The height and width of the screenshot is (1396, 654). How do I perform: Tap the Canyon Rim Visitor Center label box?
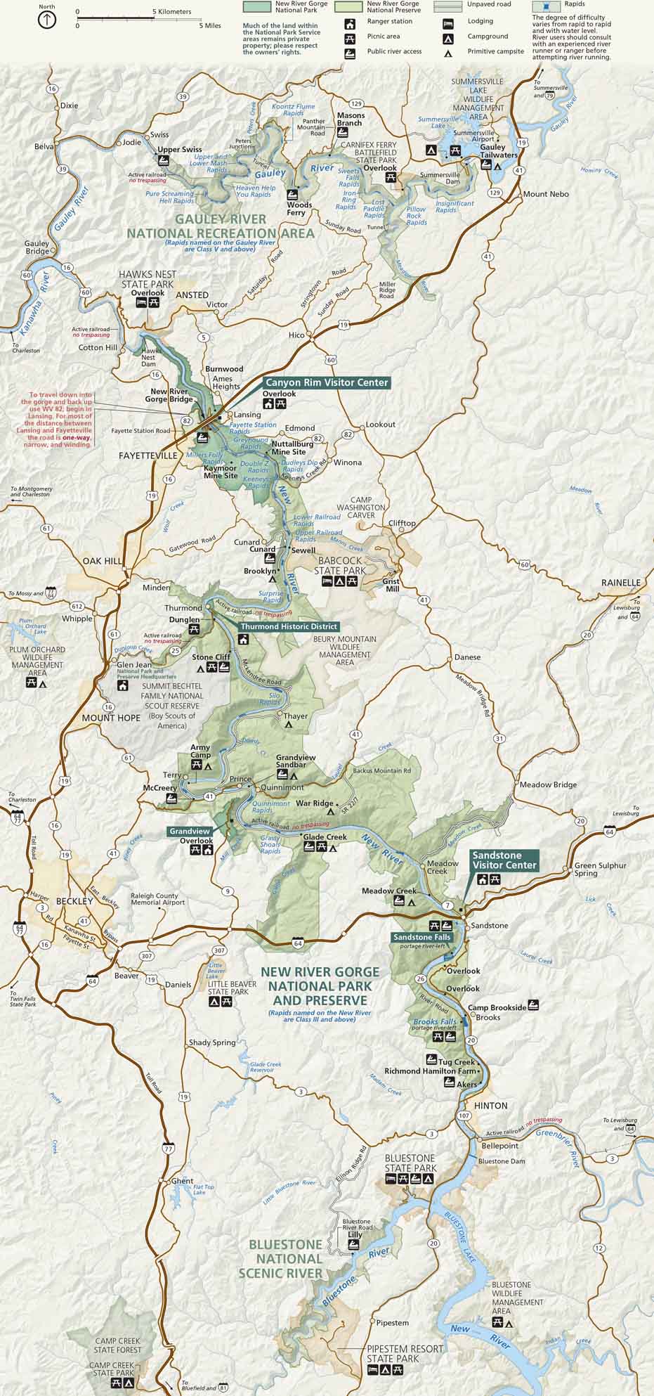point(326,382)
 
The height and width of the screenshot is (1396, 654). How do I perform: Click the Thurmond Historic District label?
point(289,626)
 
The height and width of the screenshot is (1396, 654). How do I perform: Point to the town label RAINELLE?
point(621,583)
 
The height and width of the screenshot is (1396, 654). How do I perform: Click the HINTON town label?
point(490,1106)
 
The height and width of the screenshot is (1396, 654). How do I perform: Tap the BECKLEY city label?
point(74,901)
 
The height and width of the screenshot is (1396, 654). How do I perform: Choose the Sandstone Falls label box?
point(421,937)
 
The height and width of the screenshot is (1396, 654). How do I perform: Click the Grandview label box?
point(190,832)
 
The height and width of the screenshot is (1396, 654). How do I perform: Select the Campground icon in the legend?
point(447,37)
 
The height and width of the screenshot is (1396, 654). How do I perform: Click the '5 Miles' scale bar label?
point(210,26)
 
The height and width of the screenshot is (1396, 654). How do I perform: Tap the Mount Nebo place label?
point(546,194)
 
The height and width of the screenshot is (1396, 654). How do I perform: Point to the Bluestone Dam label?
point(502,1161)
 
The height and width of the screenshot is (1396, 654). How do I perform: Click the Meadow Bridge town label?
point(548,784)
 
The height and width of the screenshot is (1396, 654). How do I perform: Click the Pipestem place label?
point(392,1323)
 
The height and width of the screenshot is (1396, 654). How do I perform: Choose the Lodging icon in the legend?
point(447,22)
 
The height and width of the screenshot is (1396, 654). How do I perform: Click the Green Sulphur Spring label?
point(600,870)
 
